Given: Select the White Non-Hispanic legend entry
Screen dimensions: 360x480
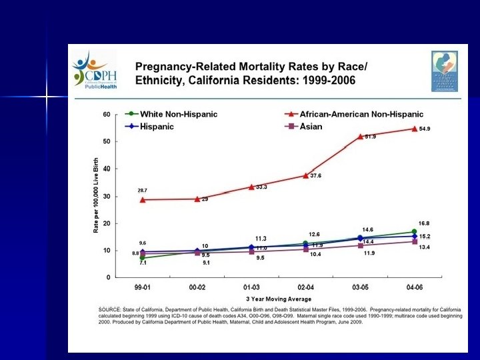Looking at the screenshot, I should (x=169, y=115).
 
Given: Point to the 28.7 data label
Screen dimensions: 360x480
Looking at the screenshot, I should (x=143, y=191).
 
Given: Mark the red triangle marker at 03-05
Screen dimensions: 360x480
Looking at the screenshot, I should (x=360, y=137).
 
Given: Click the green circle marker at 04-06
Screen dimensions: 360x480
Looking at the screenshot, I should (x=414, y=232).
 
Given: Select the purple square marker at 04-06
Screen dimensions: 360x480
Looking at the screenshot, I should (x=414, y=241).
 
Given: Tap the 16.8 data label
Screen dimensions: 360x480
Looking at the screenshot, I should (x=425, y=223).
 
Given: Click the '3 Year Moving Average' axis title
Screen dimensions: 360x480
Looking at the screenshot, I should (x=277, y=297).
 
